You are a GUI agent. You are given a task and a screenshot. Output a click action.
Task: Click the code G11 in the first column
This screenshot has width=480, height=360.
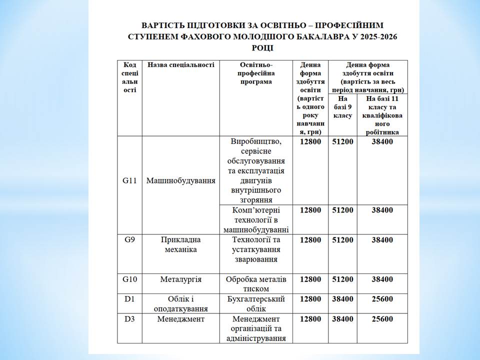pos(129,180)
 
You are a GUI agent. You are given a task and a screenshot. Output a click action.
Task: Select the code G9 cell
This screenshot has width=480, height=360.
pos(129,240)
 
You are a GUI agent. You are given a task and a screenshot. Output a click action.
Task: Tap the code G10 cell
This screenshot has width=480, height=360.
pos(129,279)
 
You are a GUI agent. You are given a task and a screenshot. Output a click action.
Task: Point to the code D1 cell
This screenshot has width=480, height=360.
pos(129,299)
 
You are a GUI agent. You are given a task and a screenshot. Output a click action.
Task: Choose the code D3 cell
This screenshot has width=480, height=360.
pos(129,318)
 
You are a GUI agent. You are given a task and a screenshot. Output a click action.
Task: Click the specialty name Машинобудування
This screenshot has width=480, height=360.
pos(180,180)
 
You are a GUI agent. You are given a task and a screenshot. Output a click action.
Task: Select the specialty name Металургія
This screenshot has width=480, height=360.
pos(180,279)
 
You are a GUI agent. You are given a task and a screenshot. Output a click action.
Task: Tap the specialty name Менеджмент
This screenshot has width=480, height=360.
pos(180,318)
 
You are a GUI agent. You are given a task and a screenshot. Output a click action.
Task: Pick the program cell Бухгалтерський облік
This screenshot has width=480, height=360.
pos(255,303)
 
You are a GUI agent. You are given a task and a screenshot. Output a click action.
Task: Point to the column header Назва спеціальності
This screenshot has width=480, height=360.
pos(180,65)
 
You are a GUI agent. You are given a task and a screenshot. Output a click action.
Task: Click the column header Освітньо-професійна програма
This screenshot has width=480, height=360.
pos(255,73)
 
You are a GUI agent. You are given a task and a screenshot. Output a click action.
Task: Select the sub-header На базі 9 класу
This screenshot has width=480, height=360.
pos(342,107)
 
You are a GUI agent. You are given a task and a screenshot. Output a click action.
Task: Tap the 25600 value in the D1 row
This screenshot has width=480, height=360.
pos(382,299)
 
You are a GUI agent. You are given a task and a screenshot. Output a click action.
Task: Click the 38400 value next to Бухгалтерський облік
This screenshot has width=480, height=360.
pos(342,299)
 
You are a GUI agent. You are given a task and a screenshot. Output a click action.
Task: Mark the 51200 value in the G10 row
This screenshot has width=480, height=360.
pos(342,279)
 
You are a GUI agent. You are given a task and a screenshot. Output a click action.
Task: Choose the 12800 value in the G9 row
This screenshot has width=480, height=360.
pos(310,240)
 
